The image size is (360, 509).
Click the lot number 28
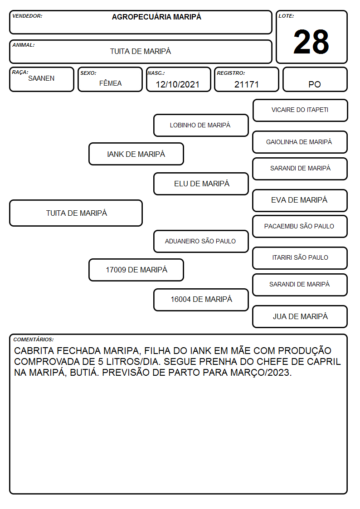coord(311,42)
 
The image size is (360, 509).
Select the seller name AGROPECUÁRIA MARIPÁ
coord(156,17)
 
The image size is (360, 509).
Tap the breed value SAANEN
coord(41,78)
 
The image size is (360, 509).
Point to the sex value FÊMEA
coord(110,83)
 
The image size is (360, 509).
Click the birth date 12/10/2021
coord(178,84)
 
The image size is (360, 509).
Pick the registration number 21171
coord(247,84)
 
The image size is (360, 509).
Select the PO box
coord(315,79)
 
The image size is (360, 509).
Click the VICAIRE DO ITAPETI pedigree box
coord(300,111)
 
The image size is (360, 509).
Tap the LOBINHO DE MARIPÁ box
coord(201,125)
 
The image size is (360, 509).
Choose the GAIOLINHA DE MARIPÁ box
coord(300,142)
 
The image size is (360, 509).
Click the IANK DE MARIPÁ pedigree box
coord(136,154)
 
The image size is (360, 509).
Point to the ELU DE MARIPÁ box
coord(201,184)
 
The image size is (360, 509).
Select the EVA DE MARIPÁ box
coord(300,200)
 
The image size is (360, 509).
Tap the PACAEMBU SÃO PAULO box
coord(300,227)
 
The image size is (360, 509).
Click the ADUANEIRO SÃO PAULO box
coord(201,241)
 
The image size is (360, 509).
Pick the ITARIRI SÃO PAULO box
coord(300,258)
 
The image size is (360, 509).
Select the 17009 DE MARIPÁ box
coord(136,270)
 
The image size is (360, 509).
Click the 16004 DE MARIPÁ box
coord(201,300)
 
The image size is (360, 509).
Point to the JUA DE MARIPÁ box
coord(300,316)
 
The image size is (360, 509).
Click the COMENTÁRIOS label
coord(34,339)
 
